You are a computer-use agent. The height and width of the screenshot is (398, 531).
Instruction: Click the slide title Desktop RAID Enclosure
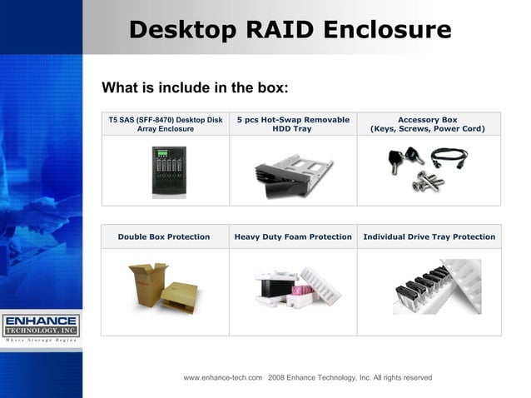click(x=290, y=30)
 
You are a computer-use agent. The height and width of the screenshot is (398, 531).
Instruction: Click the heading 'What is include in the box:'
click(x=195, y=88)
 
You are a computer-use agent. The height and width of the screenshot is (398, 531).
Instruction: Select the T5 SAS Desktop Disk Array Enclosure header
click(x=165, y=124)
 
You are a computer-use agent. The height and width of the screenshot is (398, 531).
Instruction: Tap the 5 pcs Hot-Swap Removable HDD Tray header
click(x=293, y=124)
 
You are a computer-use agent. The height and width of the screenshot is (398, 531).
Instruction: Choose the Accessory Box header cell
click(x=428, y=124)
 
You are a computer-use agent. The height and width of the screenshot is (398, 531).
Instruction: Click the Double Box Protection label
click(x=164, y=236)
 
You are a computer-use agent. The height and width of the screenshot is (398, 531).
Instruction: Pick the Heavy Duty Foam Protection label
click(x=293, y=236)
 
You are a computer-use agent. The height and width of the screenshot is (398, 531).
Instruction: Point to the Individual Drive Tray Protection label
click(x=429, y=236)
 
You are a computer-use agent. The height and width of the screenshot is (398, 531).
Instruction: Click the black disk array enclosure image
click(x=169, y=171)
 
